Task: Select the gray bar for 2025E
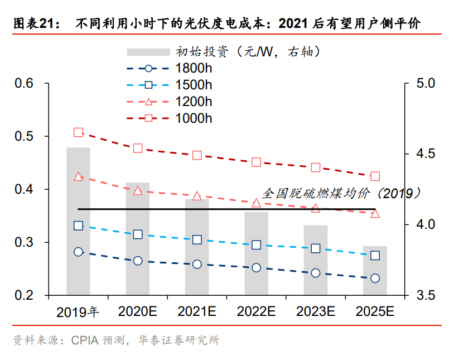click(x=375, y=270)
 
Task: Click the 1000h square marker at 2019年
click(x=78, y=133)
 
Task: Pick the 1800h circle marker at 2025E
click(x=375, y=278)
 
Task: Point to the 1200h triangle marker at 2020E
click(x=138, y=191)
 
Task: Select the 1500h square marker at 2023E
click(x=316, y=248)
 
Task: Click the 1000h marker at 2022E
click(x=256, y=162)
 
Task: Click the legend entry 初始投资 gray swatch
click(x=148, y=52)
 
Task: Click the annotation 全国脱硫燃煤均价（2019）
click(x=341, y=194)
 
